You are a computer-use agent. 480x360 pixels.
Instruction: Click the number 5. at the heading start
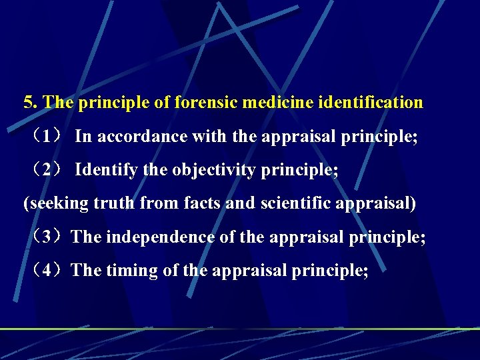click(31, 103)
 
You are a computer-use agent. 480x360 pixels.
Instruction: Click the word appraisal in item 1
click(294, 137)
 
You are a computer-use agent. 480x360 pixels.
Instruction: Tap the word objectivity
click(213, 170)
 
